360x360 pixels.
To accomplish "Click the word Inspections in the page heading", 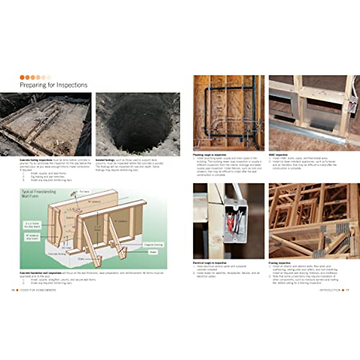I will point(72,85).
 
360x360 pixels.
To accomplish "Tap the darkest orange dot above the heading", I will point(22,77).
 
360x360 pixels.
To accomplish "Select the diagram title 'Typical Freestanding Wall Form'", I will point(38,193).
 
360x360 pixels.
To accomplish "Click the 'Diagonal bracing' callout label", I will point(153,245).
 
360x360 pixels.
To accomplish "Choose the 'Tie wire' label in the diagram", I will point(84,191).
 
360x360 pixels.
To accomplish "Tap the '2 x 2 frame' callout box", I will point(32,225).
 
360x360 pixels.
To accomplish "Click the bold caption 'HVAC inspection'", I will point(278,155).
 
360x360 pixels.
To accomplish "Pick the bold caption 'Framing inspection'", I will point(280,263).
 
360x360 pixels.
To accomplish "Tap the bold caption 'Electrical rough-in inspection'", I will point(210,263).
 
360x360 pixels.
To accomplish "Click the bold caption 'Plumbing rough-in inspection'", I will point(210,155).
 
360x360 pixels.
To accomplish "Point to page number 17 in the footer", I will point(347,290).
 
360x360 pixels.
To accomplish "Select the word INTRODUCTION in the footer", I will point(329,290).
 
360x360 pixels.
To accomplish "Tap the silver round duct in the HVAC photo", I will point(306,133).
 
